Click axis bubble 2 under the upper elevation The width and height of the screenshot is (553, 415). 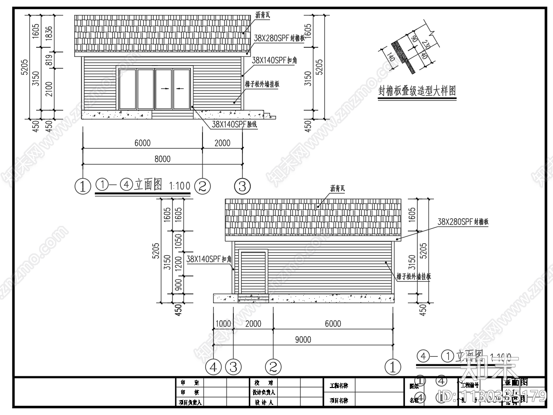(202, 186)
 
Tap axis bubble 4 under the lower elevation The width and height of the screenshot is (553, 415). (214, 367)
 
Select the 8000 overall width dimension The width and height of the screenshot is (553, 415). (162, 159)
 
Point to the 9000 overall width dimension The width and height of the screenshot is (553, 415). (303, 340)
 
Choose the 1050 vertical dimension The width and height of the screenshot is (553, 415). (178, 241)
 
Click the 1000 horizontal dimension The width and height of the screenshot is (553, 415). (223, 324)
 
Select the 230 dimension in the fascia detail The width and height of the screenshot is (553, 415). (425, 45)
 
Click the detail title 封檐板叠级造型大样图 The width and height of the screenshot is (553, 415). (417, 91)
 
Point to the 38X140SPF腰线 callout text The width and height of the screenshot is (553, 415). (235, 124)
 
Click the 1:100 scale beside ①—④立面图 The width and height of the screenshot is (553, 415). (180, 185)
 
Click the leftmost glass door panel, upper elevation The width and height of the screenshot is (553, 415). (127, 89)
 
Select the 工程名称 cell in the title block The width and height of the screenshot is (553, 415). (339, 386)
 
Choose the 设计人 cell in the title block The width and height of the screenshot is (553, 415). (264, 401)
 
